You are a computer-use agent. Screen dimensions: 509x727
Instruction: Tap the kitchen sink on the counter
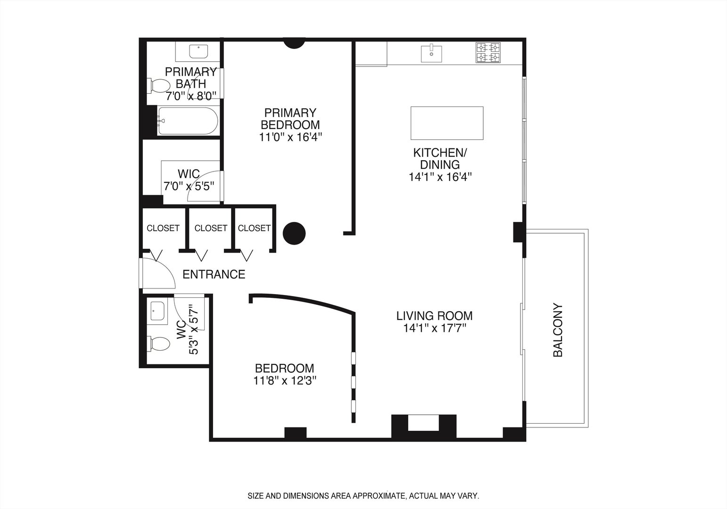tap(431, 53)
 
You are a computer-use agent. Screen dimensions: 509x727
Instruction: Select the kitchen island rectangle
tap(446, 123)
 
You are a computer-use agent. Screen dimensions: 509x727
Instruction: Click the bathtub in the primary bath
tap(188, 121)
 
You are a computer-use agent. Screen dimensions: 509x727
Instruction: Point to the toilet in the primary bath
tap(159, 86)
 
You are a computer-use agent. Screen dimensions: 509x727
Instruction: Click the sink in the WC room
tap(157, 312)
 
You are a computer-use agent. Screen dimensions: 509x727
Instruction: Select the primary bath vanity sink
tap(198, 51)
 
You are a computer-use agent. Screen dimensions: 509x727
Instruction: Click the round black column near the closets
tap(294, 233)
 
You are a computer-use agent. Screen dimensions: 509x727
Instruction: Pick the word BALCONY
tap(558, 330)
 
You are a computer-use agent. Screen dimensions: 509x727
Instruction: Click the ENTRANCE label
tap(214, 274)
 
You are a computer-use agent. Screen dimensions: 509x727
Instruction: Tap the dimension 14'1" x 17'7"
tap(434, 328)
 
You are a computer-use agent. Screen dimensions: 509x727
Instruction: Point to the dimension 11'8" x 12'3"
tap(284, 381)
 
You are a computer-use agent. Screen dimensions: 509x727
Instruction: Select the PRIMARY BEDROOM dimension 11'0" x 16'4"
tap(290, 137)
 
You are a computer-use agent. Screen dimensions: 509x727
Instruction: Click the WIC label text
tap(189, 174)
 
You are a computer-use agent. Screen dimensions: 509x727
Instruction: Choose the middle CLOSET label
tap(211, 228)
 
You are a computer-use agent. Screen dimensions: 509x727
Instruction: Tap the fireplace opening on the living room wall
tap(423, 423)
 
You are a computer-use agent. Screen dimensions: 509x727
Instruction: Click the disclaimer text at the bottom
tap(363, 496)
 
